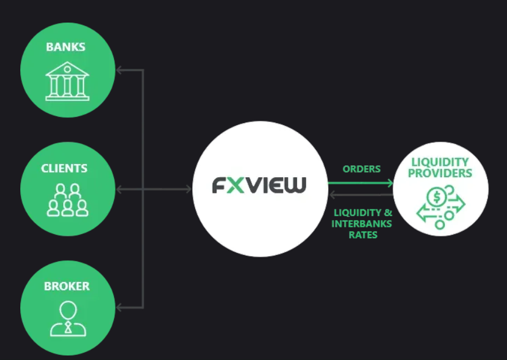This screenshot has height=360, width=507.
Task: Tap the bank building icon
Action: tap(67, 82)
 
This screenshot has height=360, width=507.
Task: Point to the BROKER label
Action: tap(67, 286)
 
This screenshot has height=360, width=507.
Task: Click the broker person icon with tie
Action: tap(68, 318)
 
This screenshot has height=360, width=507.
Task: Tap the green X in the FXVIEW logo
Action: tap(236, 185)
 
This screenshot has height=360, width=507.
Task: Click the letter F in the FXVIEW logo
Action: tap(219, 185)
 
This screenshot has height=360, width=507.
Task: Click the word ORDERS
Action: tap(361, 169)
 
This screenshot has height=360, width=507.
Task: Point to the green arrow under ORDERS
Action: tap(361, 183)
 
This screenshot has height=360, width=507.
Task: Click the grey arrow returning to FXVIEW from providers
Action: tap(361, 195)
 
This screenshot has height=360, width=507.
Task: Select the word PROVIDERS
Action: tap(440, 173)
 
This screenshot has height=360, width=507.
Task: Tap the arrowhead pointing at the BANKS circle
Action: tap(120, 71)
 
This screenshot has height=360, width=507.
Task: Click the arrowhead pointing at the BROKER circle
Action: tap(120, 308)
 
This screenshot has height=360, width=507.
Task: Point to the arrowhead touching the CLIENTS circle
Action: tap(120, 189)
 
